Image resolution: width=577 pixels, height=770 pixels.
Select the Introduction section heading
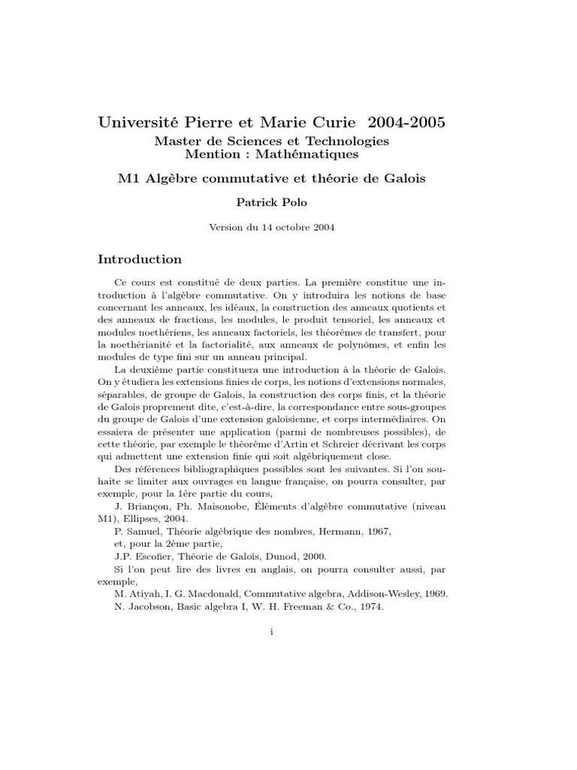pos(140,259)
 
